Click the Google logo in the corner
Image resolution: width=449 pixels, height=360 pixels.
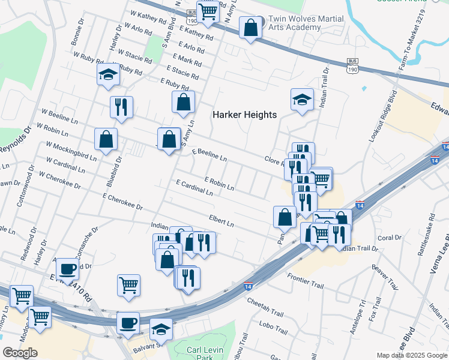coord(20,353)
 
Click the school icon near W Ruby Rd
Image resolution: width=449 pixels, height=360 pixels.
coord(108,75)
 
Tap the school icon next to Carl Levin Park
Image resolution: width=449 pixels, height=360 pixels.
coord(161,329)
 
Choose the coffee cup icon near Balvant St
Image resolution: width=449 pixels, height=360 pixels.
coord(128,323)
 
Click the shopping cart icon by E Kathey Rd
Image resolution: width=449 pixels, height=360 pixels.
coord(208,11)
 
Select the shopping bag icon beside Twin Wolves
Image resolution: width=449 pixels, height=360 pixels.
coord(250,27)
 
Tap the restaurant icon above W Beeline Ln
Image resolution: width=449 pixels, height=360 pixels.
coord(121,107)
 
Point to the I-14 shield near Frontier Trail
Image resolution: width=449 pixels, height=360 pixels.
coord(247,286)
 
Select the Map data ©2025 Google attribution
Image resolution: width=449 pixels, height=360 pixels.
coord(411,355)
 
